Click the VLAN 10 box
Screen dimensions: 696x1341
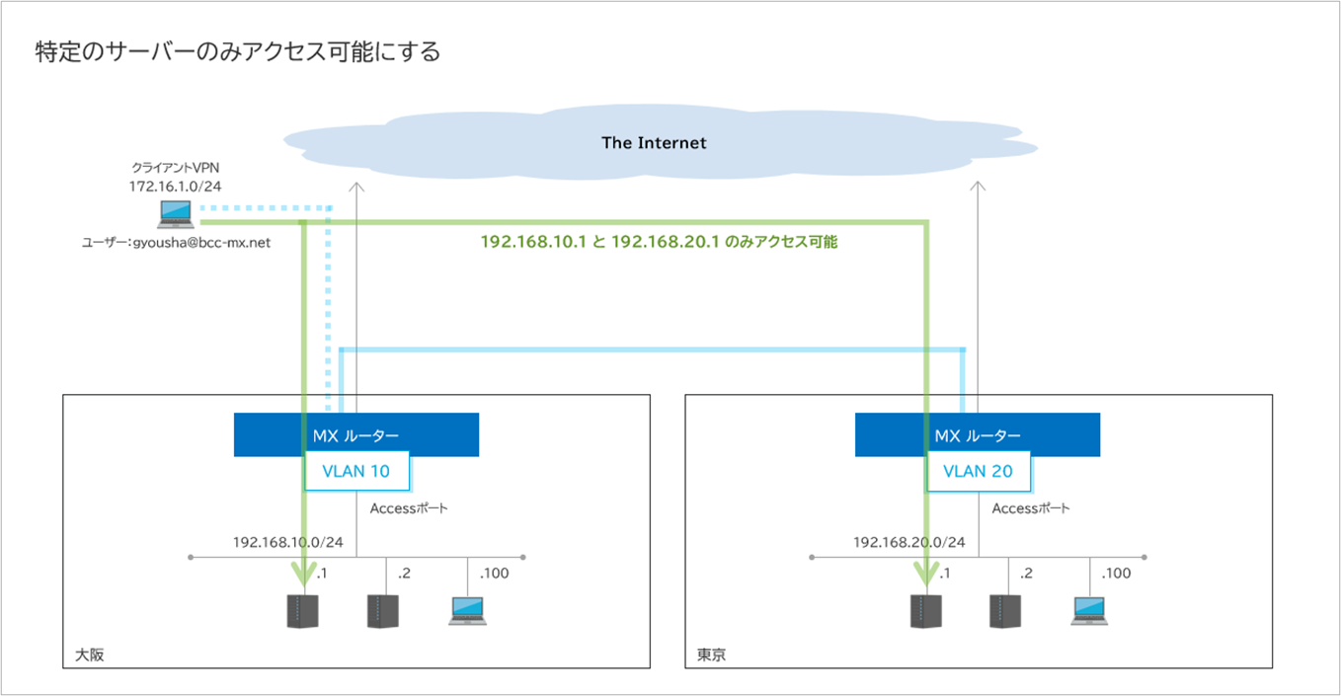coord(356,472)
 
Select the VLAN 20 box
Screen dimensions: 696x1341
coord(978,472)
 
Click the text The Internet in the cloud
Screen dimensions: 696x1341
coord(654,143)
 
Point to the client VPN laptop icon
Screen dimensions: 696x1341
coord(175,214)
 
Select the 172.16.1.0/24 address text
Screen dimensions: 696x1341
coord(175,186)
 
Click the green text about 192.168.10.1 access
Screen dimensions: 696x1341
coord(659,241)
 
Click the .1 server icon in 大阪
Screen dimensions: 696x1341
coord(302,611)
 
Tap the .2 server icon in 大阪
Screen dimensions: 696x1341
coord(382,611)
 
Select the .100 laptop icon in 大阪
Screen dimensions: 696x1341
coord(467,610)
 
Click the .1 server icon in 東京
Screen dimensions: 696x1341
coord(924,611)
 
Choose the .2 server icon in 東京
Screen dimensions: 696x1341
coord(1004,611)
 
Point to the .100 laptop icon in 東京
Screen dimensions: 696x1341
coord(1089,610)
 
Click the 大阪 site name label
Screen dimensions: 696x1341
coord(90,655)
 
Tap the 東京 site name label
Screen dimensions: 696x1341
coord(711,655)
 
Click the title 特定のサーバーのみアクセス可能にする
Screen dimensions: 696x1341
coord(237,51)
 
